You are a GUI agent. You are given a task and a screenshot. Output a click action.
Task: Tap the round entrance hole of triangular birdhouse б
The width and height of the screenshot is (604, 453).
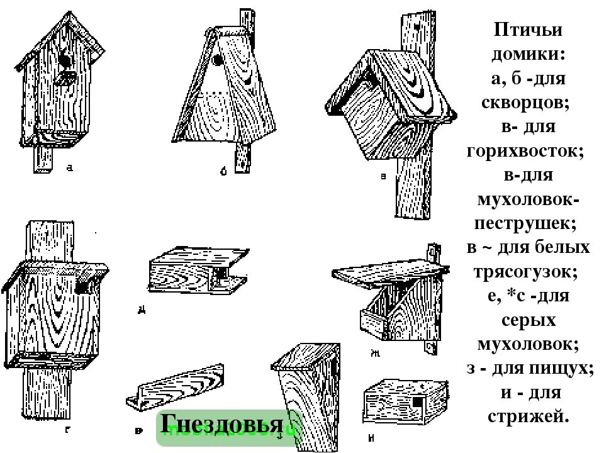click(x=216, y=60)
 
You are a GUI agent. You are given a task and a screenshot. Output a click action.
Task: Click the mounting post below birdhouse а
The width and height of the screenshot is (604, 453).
click(x=43, y=159)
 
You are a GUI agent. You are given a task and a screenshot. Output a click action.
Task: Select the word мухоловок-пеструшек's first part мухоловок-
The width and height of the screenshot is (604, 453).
click(x=528, y=199)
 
